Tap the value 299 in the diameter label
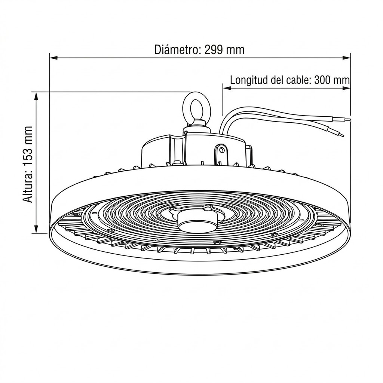[x=214, y=50]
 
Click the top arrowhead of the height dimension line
[x=36, y=96]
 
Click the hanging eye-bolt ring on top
[x=196, y=106]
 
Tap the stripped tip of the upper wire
[x=347, y=120]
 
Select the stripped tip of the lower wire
[x=340, y=134]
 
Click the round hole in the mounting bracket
[x=222, y=150]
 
